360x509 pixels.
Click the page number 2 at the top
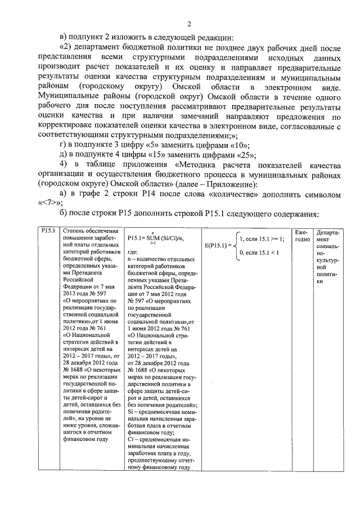[189, 24]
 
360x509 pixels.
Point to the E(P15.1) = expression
[217, 246]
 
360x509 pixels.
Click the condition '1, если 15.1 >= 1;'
[262, 239]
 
